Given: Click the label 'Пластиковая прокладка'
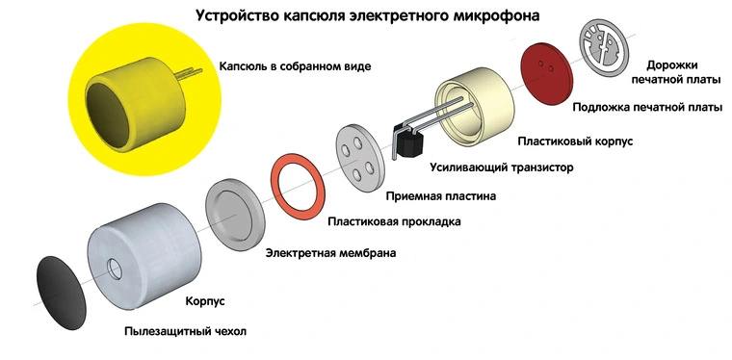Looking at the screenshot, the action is (394, 222).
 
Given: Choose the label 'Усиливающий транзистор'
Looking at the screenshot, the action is (501, 167).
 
